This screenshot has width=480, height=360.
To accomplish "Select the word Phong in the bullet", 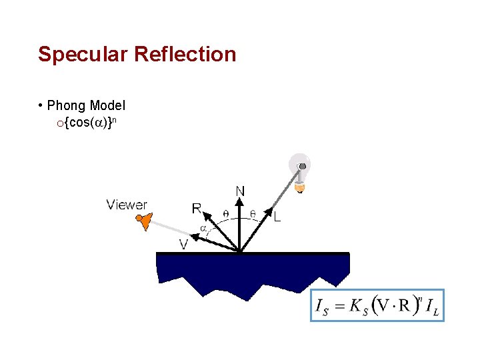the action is [x=66, y=105].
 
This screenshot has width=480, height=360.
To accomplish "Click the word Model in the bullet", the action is [x=107, y=105].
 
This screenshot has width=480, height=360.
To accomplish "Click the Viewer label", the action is [x=127, y=205].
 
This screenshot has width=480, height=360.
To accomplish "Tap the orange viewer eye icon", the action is [x=144, y=221].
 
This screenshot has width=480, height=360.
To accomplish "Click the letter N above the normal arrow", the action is [x=239, y=191].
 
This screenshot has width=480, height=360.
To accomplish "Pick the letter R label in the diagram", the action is [x=197, y=209].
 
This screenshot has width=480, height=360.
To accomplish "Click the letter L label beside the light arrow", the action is [x=277, y=217].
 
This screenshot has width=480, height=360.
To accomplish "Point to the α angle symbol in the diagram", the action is [x=203, y=229].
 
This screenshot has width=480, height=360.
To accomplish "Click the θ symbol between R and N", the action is [x=225, y=214].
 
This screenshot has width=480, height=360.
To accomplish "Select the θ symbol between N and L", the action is [x=253, y=214].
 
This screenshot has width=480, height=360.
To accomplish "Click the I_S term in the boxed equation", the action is [x=322, y=307].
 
